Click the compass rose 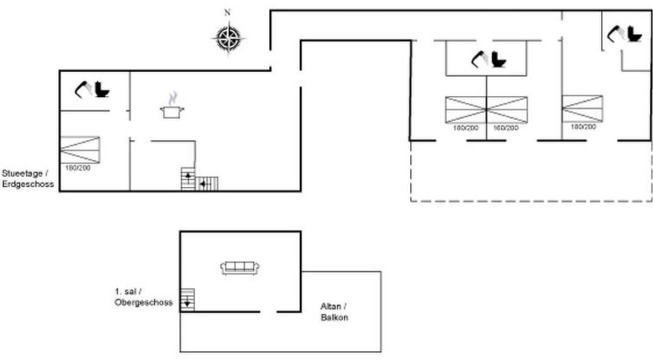click(x=228, y=38)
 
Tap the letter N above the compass click(x=227, y=13)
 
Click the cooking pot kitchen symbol click(x=172, y=106)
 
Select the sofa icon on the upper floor click(x=240, y=268)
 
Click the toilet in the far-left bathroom click(x=102, y=89)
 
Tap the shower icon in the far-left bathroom click(x=83, y=89)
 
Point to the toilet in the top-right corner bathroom click(x=635, y=34)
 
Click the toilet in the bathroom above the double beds click(x=499, y=59)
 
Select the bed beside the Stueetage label click(x=80, y=149)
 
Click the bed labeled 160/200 click(x=507, y=110)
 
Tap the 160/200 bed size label click(x=506, y=128)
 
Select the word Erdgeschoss click(x=28, y=184)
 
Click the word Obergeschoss click(x=144, y=303)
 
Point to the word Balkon click(x=334, y=318)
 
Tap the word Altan click(x=332, y=306)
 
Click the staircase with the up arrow click(x=188, y=179)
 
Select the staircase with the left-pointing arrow click(x=207, y=184)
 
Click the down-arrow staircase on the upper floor click(x=187, y=300)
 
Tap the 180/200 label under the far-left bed click(x=78, y=168)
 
